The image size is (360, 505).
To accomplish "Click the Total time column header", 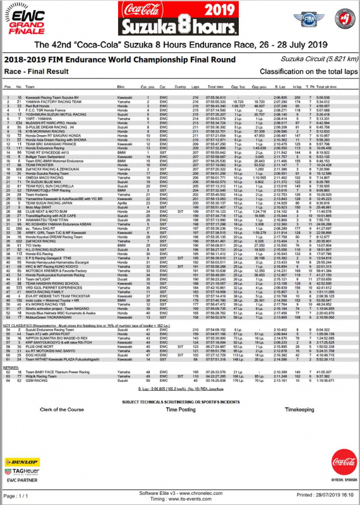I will (x=215, y=86).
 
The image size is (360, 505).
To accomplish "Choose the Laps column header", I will (x=194, y=86).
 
